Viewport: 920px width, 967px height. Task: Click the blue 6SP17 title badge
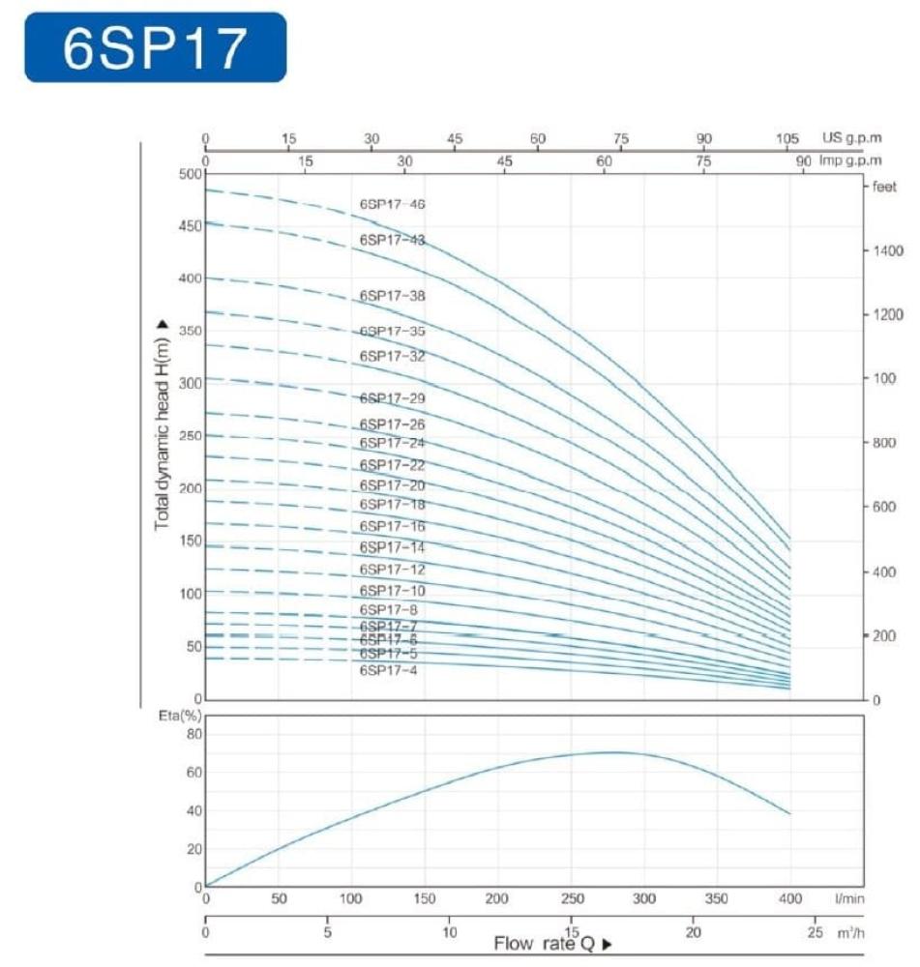[155, 47]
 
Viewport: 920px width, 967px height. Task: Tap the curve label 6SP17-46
[392, 205]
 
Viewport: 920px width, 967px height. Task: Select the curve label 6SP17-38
[392, 296]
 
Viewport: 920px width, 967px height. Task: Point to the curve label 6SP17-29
[392, 398]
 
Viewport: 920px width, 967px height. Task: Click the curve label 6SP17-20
[392, 485]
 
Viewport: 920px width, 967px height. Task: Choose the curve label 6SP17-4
[389, 670]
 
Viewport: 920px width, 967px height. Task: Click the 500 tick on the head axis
[191, 174]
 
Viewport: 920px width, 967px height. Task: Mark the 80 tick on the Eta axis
[193, 734]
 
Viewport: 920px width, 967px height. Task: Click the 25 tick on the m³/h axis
[814, 933]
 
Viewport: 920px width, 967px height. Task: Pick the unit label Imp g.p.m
[851, 161]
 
